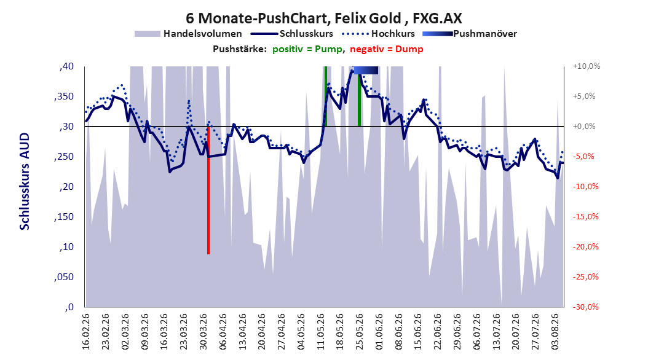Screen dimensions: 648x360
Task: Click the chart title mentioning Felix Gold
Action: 323,18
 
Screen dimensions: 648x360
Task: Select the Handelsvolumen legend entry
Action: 188,34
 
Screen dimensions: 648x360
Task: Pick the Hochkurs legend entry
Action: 379,34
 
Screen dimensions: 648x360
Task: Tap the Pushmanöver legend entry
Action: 470,34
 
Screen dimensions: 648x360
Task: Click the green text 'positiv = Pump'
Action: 307,49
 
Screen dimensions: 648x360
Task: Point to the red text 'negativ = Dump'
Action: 387,49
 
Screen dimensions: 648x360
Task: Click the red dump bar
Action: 208,190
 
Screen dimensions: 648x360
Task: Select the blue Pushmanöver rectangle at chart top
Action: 366,70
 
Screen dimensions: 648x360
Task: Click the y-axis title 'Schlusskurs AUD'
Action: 25,181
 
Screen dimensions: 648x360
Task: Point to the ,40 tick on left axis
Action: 66,66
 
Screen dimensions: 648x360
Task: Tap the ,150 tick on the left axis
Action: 64,217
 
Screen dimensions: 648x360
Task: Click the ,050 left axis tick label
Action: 64,277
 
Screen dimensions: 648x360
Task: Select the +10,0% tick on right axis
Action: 587,66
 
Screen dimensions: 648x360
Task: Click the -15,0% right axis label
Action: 585,217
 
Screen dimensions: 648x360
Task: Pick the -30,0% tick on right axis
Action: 585,307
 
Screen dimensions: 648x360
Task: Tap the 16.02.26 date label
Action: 86,332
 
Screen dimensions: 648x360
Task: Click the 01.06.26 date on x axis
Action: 379,332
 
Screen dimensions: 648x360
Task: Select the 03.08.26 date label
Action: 555,332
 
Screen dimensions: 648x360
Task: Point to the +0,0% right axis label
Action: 584,127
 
